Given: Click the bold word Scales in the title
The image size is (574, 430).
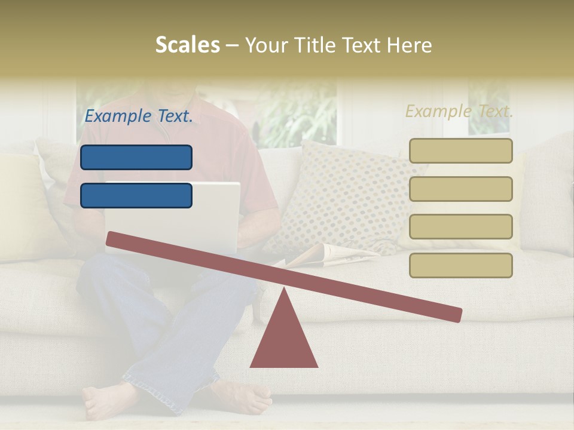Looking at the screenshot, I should pyautogui.click(x=187, y=45).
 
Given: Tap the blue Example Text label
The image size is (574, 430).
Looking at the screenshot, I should pyautogui.click(x=139, y=116).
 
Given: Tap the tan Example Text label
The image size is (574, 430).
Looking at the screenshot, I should pyautogui.click(x=459, y=111).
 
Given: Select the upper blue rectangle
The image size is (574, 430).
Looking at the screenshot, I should pyautogui.click(x=136, y=157).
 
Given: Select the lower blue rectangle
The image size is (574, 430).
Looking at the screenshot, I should pyautogui.click(x=136, y=195).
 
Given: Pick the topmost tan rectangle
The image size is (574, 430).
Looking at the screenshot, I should pyautogui.click(x=460, y=150).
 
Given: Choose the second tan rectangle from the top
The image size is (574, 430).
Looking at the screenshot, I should pyautogui.click(x=460, y=189).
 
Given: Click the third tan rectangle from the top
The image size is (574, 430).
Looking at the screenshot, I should pyautogui.click(x=460, y=226).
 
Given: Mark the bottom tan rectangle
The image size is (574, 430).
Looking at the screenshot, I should pyautogui.click(x=460, y=265).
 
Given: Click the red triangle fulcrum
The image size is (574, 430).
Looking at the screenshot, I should pyautogui.click(x=284, y=340).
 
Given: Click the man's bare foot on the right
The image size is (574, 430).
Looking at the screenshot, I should pyautogui.click(x=242, y=397).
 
